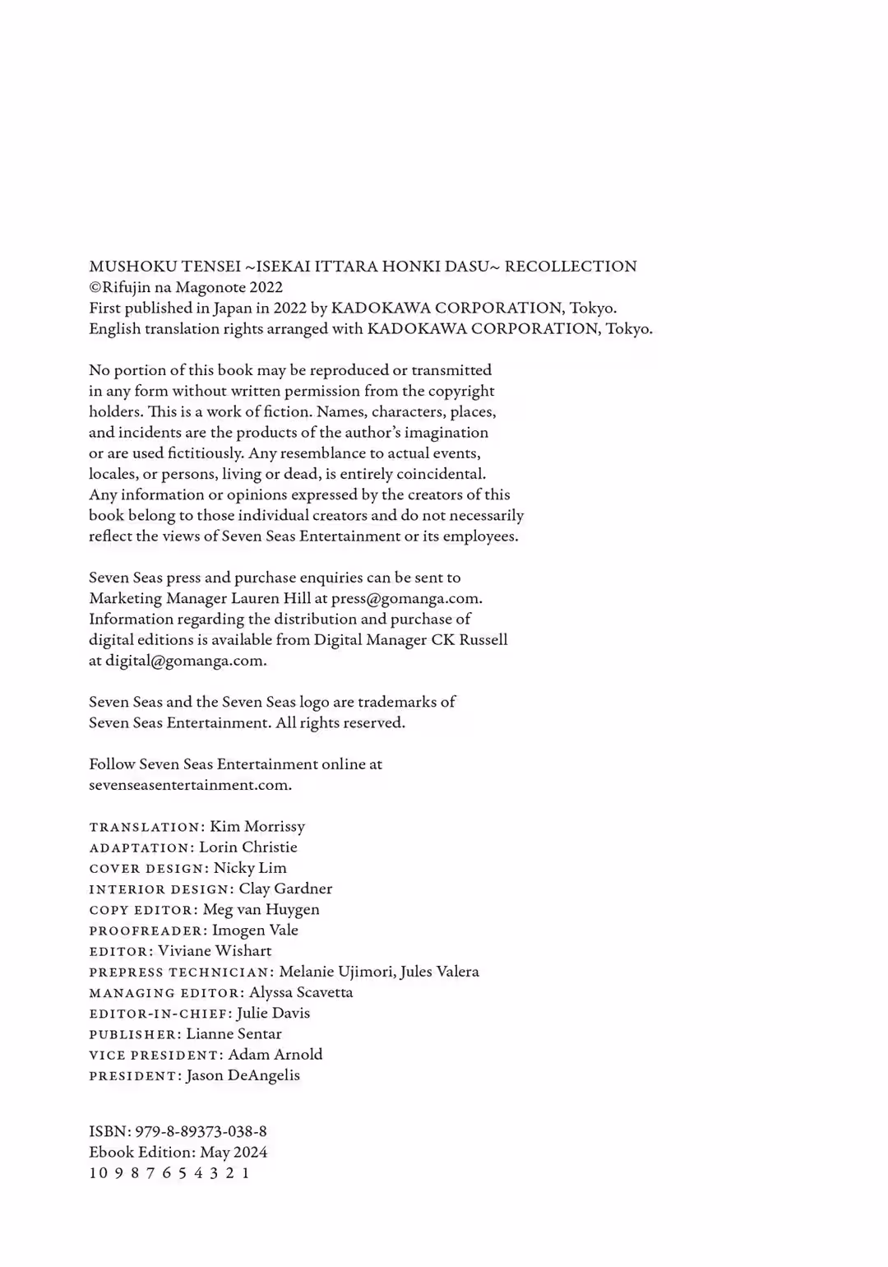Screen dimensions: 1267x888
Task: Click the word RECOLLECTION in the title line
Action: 571,267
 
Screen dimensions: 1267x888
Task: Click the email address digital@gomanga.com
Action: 185,661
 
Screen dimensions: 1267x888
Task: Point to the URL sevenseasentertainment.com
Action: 190,785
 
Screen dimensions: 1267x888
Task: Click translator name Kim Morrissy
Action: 257,826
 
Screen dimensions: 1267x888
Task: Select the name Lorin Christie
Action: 248,847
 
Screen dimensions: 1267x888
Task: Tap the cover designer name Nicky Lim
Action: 250,868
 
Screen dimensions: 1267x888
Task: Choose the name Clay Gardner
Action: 285,889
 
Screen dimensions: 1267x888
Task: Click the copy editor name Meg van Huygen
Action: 261,909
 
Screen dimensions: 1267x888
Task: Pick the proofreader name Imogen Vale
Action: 255,931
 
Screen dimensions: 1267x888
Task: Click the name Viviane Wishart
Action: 215,951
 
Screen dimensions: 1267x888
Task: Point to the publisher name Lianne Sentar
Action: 234,1034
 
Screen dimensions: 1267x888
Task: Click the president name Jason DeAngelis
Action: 243,1075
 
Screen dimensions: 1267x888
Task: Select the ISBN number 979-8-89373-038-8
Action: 201,1131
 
